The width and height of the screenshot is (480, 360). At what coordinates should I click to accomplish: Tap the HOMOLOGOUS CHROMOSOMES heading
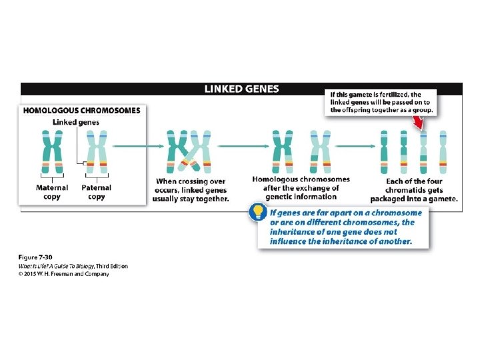pos(82,111)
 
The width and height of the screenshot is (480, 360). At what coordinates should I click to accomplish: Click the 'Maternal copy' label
pos(51,192)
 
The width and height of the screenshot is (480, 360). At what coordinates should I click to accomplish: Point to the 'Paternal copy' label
pos(96,192)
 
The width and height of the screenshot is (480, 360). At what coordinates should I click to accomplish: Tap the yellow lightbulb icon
pos(256,212)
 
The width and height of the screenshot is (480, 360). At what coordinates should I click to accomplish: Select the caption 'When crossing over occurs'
pos(190,181)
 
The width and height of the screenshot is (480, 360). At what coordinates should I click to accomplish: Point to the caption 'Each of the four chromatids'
pos(414,181)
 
